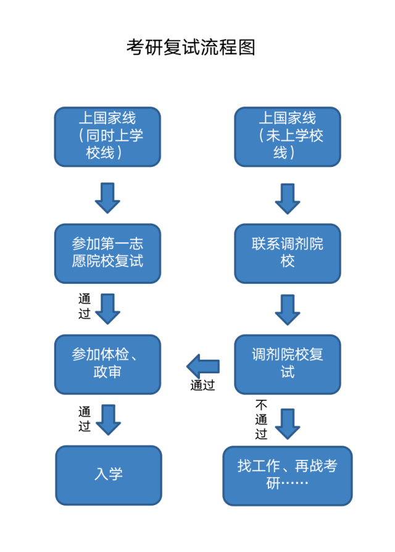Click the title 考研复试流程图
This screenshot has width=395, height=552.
(191, 47)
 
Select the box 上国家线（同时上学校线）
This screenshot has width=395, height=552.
(107, 137)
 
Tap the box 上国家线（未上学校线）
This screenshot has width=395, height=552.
(288, 137)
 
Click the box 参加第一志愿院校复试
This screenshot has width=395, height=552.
(107, 253)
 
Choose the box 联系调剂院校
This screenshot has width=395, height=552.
(288, 253)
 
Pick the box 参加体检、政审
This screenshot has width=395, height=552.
(107, 364)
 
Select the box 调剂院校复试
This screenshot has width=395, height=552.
(288, 364)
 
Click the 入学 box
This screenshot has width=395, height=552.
(109, 475)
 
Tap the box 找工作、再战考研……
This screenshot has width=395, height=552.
(288, 475)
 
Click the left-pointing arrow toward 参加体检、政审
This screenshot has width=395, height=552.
(203, 365)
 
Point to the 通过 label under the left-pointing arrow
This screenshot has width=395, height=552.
(203, 386)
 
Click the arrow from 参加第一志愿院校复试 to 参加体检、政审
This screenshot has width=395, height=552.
(107, 308)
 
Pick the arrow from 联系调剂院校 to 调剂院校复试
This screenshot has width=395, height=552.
(288, 308)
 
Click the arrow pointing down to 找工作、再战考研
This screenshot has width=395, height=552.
(288, 422)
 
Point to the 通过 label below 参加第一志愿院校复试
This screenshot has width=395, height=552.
(85, 307)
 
